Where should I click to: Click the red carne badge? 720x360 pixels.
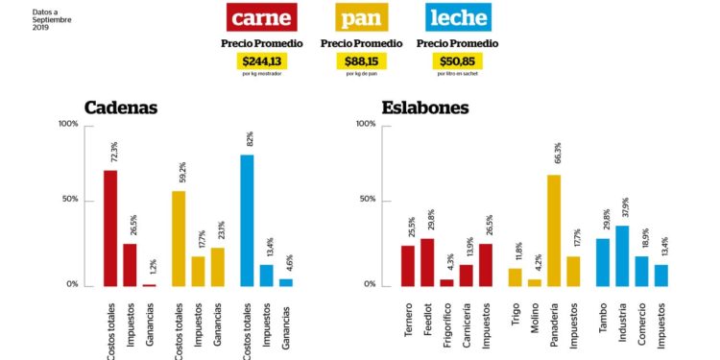point(262,16)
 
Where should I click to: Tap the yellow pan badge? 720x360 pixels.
point(359,16)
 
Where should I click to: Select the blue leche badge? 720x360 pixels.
point(457,16)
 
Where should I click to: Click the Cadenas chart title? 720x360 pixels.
point(121,108)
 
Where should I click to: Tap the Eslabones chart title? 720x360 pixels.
point(424,108)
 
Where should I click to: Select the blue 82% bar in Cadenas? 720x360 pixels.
point(247,220)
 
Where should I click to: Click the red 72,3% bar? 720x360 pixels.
point(110,228)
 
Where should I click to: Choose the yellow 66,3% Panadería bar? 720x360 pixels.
point(554,230)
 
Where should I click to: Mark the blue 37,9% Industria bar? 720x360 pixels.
point(622,255)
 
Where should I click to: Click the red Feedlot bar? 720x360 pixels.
point(427,262)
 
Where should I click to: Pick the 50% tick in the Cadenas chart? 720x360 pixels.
point(71,201)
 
